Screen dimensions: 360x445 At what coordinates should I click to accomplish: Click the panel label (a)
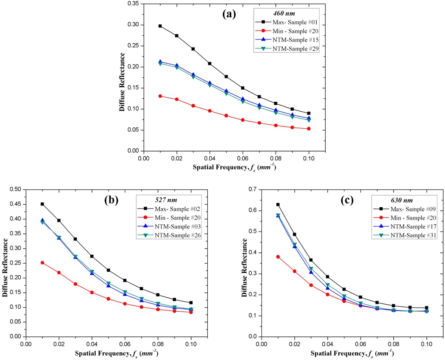point(229,14)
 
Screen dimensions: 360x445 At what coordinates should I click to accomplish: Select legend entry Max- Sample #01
point(295,22)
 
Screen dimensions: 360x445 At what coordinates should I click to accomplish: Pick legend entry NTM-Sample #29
point(295,49)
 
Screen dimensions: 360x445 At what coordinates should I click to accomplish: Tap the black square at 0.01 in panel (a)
point(160,26)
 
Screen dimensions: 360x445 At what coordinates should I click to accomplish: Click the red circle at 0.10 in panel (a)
point(309,129)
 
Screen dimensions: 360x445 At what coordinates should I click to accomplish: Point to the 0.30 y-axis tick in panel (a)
point(133,25)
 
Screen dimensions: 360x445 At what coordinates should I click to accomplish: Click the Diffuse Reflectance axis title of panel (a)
point(122,82)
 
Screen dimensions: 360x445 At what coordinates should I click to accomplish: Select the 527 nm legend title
point(166,200)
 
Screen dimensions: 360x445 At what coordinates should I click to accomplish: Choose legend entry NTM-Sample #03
point(177,227)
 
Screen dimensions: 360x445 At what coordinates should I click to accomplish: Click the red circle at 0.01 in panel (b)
point(42,263)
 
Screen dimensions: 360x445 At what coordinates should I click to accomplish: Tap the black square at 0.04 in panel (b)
point(92,256)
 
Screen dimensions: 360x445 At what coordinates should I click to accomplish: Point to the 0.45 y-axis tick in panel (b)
point(15,204)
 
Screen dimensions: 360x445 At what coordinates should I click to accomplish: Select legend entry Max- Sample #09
point(413,209)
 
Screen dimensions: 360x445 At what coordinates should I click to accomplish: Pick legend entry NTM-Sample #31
point(413,235)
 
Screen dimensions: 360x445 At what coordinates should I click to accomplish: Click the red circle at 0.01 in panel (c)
point(278,257)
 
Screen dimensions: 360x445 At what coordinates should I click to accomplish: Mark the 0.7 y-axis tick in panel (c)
point(253,189)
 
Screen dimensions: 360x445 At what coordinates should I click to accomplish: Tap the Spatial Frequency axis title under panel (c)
point(352,354)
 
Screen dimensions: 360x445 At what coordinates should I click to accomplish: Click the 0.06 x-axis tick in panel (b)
point(125,344)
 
